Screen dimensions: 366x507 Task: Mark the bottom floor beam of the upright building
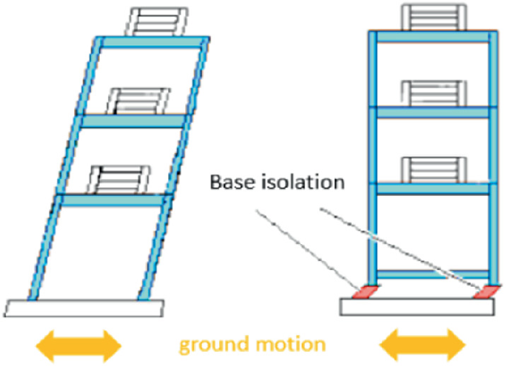(432, 274)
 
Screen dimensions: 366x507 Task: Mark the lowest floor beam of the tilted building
(111, 200)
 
